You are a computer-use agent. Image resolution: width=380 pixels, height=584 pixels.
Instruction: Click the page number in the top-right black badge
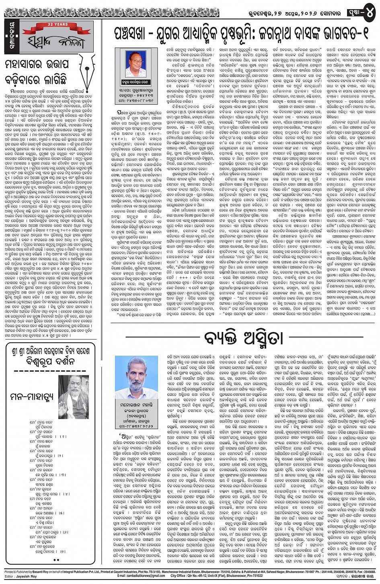[x=370, y=12]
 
